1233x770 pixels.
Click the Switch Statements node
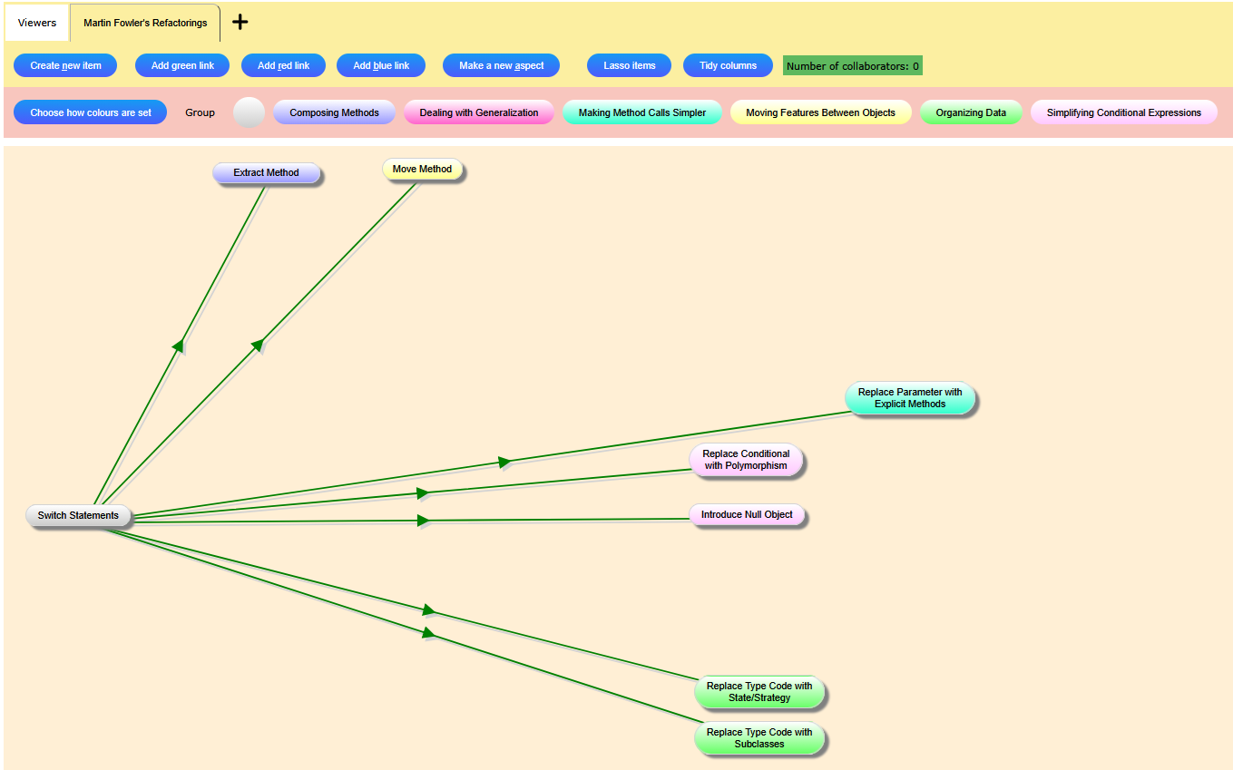(78, 515)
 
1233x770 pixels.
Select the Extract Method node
(266, 172)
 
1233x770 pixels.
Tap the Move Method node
(422, 170)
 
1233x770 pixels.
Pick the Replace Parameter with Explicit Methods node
(910, 398)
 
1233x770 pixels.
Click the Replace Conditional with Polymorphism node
(746, 460)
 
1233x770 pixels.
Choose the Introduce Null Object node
(747, 515)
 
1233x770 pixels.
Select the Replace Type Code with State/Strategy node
(759, 692)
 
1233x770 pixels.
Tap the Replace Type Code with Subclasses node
(759, 738)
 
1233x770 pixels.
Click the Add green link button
(182, 65)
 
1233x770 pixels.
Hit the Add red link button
(283, 65)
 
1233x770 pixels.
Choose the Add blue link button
(381, 65)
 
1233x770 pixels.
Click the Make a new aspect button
(501, 65)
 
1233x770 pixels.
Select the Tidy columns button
(728, 65)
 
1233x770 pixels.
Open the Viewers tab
(37, 23)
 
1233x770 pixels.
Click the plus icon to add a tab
(240, 22)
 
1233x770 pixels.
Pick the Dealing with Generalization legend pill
(479, 112)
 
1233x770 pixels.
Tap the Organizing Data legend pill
(971, 112)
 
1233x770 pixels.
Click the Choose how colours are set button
(91, 112)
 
